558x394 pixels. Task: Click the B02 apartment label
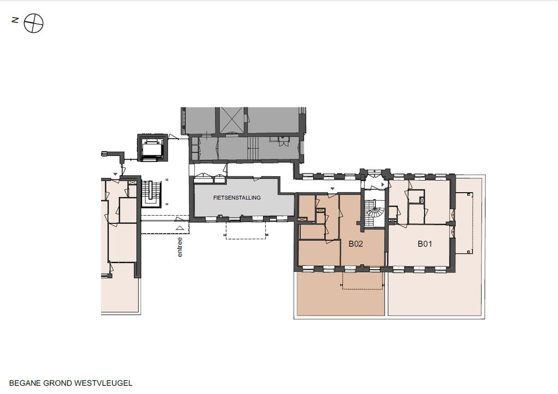356,244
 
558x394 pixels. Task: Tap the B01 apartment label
425,244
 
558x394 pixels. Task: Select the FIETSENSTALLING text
237,198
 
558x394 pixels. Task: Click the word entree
180,247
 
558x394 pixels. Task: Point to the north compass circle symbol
33,24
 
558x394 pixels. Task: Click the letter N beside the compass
15,20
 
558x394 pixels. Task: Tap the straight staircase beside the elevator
152,193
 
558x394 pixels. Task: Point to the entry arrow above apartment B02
333,189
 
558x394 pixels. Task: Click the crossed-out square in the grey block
231,120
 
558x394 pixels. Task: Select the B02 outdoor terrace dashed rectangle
363,281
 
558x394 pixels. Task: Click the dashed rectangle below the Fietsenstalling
246,230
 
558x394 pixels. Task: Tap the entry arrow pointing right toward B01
383,185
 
